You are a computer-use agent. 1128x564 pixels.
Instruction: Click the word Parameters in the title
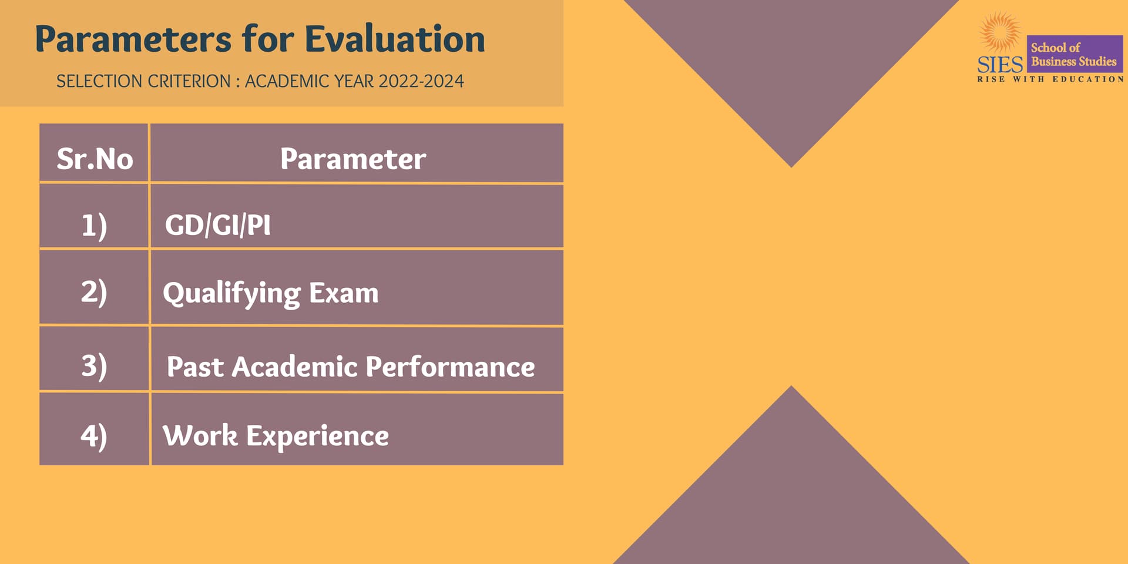click(133, 39)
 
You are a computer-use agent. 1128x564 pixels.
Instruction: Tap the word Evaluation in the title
click(395, 39)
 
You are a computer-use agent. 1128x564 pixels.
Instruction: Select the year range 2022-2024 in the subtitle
click(421, 81)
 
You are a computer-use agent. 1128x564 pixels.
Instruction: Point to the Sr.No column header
click(95, 159)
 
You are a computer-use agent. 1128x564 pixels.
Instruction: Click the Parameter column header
click(353, 159)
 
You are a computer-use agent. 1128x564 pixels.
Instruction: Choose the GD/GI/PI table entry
click(218, 225)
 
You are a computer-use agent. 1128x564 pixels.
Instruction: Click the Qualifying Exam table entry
click(271, 293)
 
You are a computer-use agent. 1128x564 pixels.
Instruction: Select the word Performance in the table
click(450, 367)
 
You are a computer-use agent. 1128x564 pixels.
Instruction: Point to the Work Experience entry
click(276, 436)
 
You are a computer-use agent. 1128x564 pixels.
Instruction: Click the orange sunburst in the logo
click(1000, 33)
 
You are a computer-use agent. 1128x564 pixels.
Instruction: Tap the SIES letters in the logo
click(1001, 65)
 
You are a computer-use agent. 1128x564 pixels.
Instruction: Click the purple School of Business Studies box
click(1075, 54)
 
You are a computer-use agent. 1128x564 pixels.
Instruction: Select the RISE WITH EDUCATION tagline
click(1050, 79)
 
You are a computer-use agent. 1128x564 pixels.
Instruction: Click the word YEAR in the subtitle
click(354, 81)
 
